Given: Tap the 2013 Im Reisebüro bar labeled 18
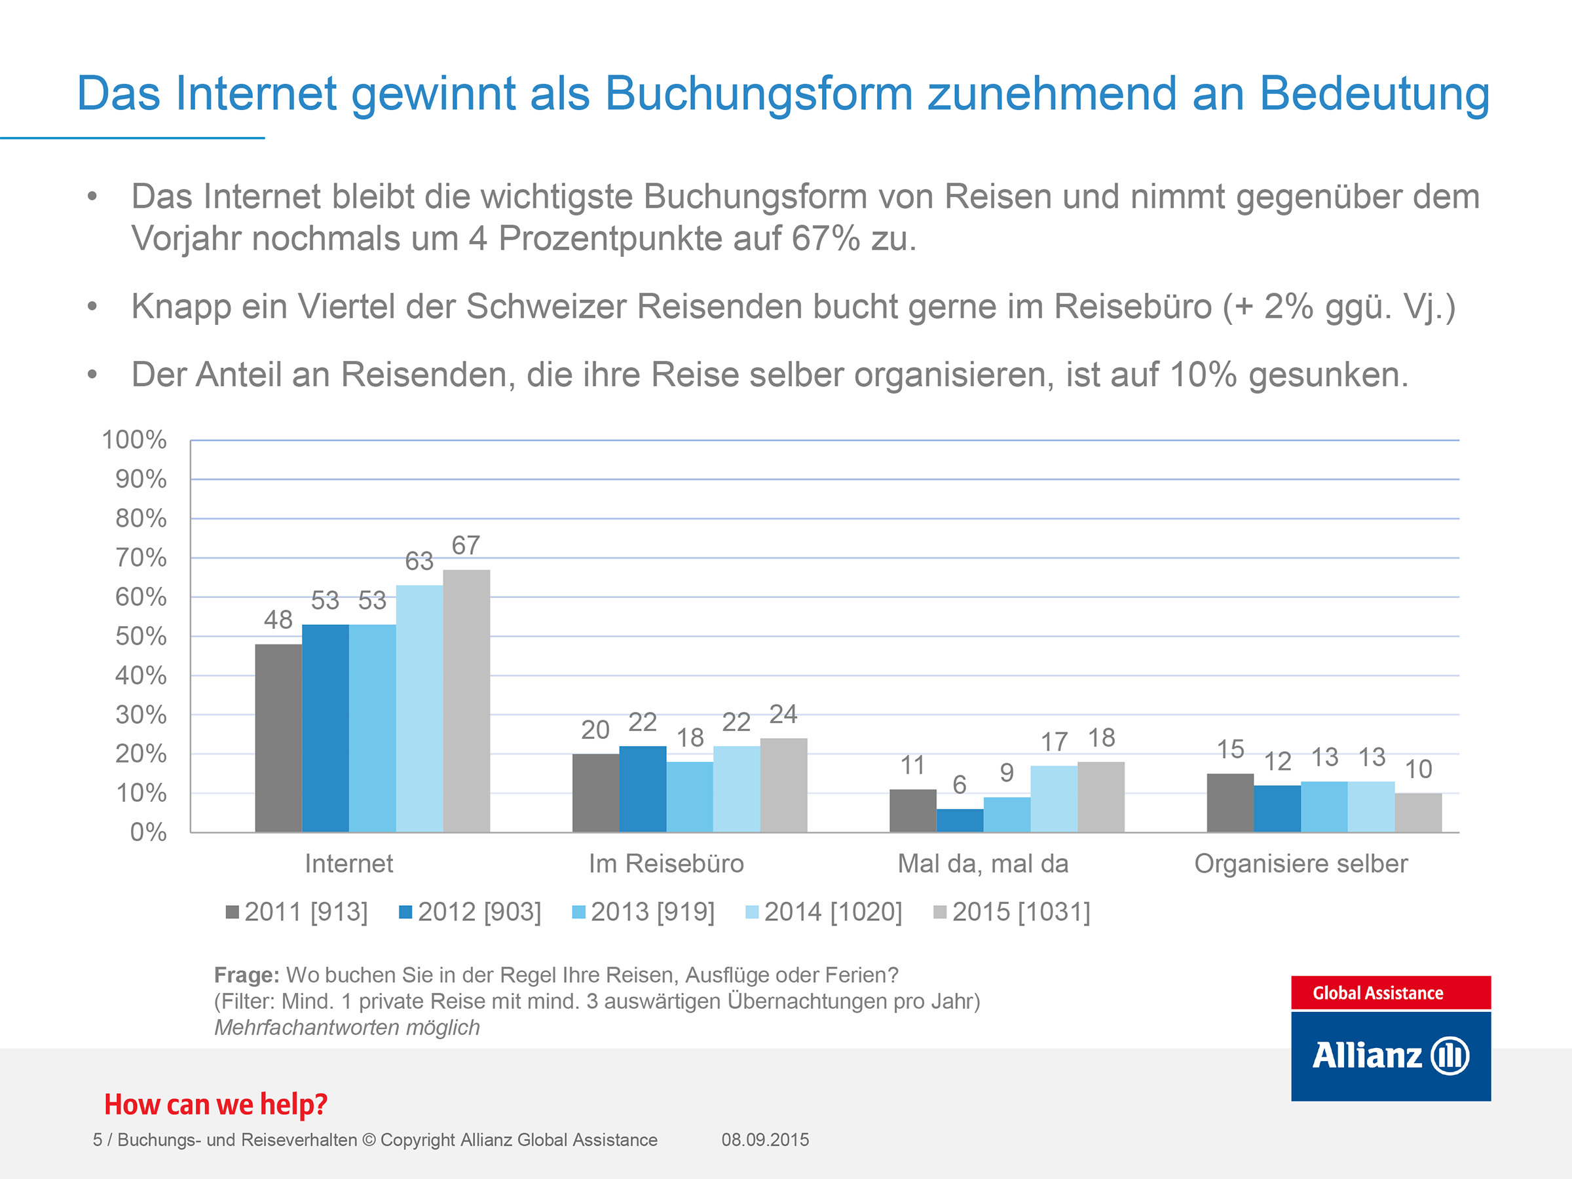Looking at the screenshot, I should (x=689, y=796).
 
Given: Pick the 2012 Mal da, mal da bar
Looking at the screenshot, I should (x=960, y=820).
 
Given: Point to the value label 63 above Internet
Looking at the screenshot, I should (x=419, y=561).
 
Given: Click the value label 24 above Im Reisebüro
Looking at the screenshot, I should (x=783, y=714).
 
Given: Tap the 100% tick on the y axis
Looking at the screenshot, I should (x=134, y=440).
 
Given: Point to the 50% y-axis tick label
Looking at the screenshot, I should (x=141, y=636).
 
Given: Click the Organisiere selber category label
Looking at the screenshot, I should (x=1301, y=863).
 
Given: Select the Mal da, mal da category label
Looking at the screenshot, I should (x=983, y=863).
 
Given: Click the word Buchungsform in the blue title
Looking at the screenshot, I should (x=758, y=94).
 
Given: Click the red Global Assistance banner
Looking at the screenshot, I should (x=1390, y=993).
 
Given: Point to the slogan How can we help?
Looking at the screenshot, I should (x=216, y=1104).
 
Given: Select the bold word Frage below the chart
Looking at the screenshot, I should (x=246, y=975).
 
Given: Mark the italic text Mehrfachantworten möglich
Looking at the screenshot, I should (x=346, y=1028).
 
